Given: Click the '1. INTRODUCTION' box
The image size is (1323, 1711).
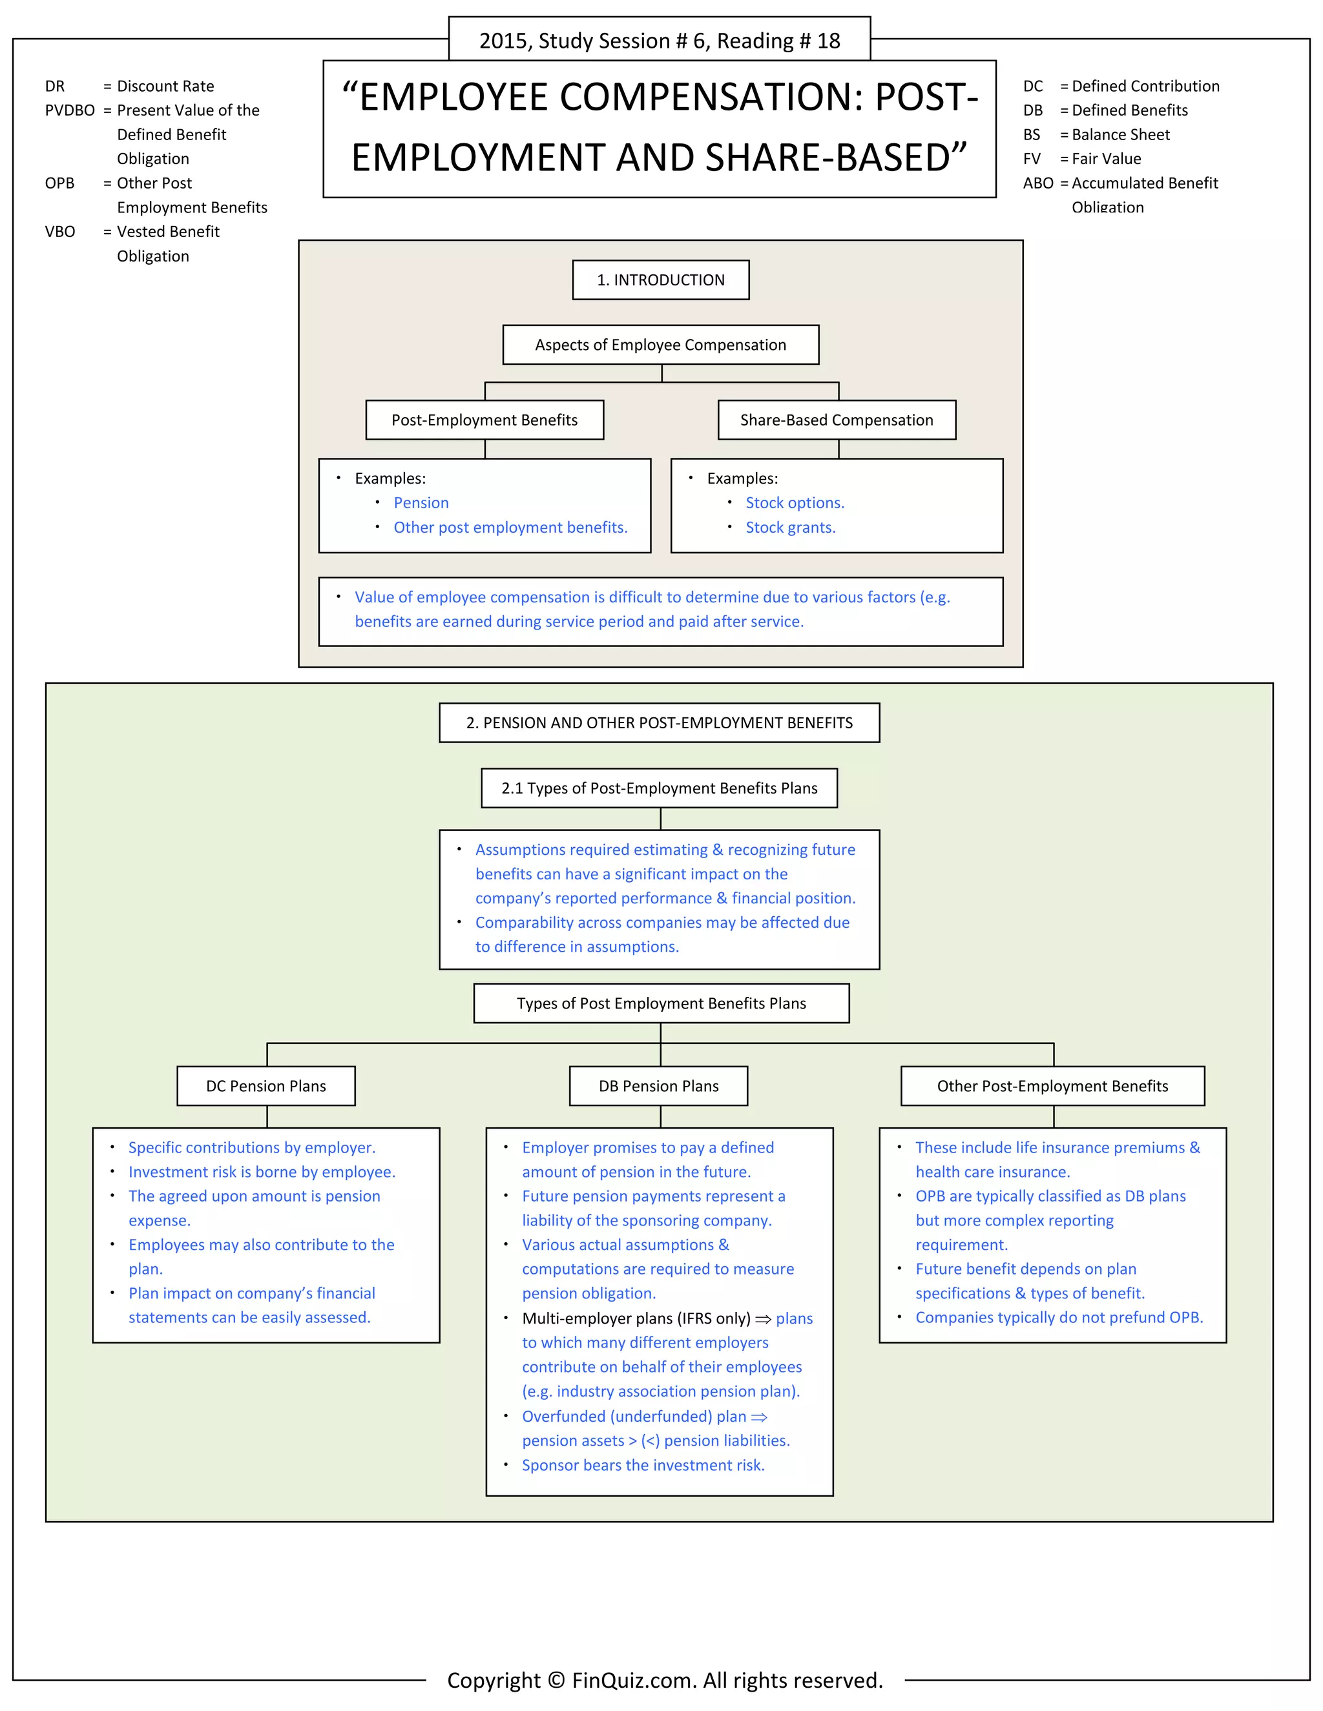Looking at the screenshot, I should tap(661, 280).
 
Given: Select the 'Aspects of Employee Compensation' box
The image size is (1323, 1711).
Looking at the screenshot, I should tap(661, 345).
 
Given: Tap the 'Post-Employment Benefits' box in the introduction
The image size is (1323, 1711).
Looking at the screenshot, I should tap(484, 420).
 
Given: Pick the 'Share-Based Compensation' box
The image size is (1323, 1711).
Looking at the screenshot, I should tap(837, 420).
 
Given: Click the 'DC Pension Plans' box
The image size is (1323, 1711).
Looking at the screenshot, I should tap(266, 1086).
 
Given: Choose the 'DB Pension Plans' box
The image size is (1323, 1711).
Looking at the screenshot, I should tap(658, 1086).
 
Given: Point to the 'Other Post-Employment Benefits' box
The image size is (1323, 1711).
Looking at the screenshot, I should tap(1052, 1086).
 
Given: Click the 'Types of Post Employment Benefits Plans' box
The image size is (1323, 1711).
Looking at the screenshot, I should tap(661, 1003).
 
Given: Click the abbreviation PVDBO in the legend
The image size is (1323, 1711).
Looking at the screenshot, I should tap(70, 110).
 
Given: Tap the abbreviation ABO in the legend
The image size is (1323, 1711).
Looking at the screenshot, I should tap(1037, 183).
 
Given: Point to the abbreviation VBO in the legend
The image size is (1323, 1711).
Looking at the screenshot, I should tap(60, 232).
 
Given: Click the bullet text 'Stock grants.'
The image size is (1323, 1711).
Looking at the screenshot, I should tap(790, 528).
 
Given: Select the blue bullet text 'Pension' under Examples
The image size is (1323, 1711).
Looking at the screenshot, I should tap(421, 503).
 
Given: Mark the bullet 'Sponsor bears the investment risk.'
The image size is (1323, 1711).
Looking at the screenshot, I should tap(643, 1465).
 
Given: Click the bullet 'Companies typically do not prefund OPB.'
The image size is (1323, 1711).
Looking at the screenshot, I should tap(1058, 1317).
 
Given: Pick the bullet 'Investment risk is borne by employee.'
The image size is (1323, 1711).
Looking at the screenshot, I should tap(262, 1172).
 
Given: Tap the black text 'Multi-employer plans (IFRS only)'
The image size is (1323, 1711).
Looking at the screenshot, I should tap(636, 1318).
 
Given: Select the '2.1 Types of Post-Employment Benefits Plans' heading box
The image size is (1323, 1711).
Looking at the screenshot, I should tap(659, 788).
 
